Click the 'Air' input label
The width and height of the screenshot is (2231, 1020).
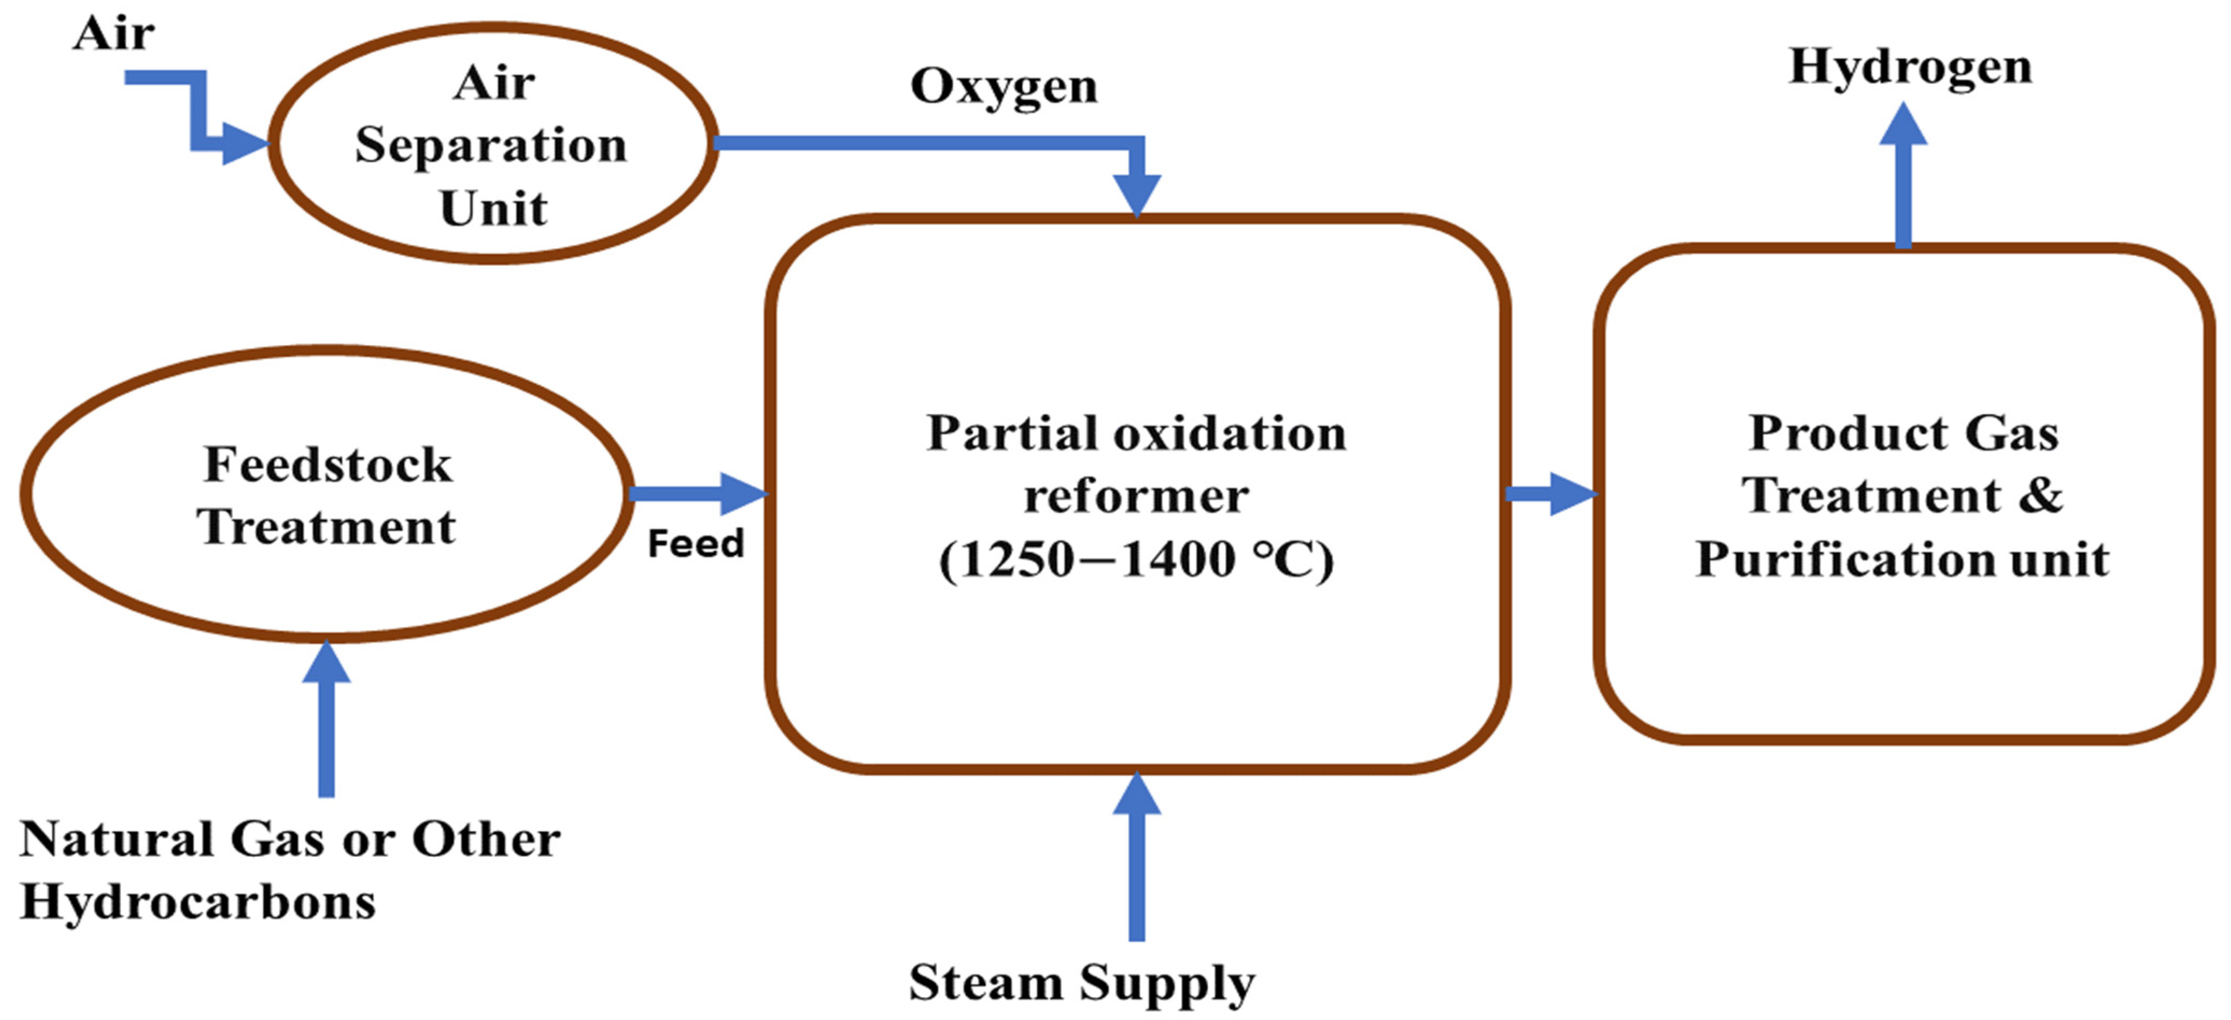tap(114, 34)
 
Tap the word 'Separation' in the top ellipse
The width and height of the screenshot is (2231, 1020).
tap(490, 145)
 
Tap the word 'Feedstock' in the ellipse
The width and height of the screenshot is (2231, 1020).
tap(327, 465)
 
